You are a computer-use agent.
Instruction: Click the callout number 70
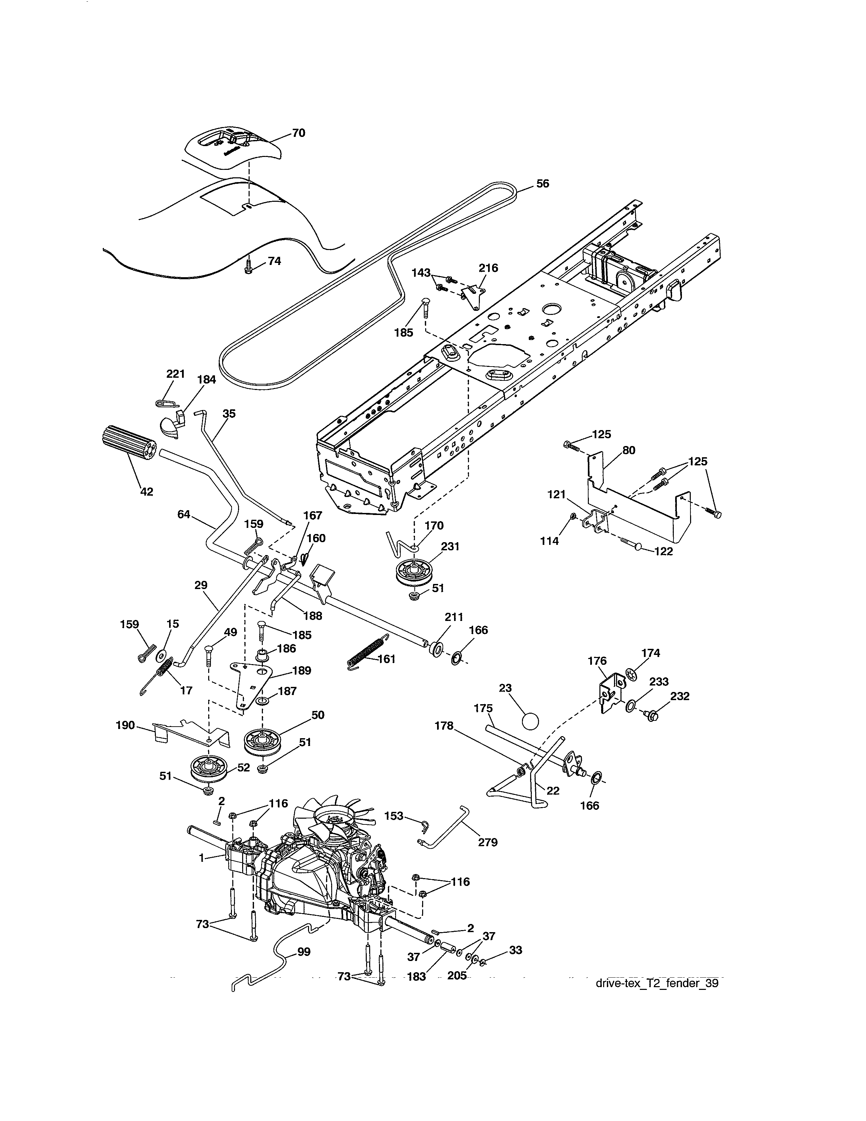[x=298, y=133]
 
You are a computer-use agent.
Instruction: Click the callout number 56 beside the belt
[x=542, y=183]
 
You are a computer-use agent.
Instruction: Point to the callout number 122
[x=663, y=552]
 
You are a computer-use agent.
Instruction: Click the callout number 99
[x=304, y=951]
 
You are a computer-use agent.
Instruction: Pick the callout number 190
[x=125, y=725]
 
